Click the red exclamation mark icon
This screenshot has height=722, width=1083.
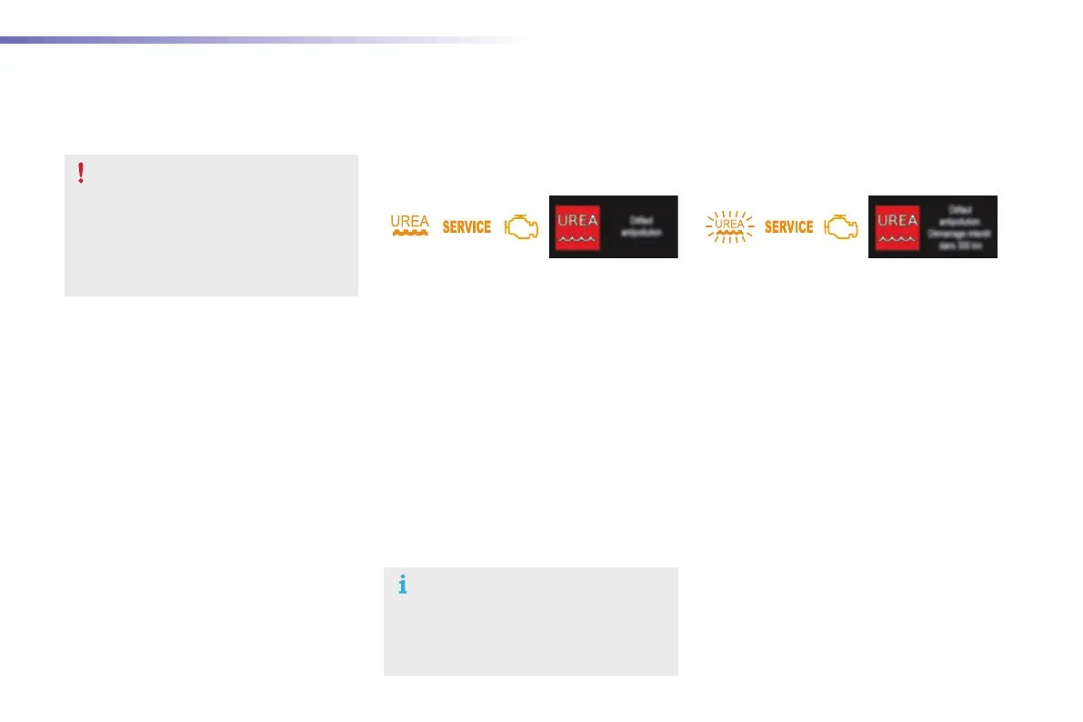click(81, 173)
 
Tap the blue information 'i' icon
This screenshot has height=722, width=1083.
click(402, 586)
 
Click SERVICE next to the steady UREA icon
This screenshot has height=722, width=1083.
click(466, 227)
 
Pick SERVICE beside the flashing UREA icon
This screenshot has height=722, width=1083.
click(788, 227)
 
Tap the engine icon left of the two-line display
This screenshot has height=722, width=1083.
click(520, 226)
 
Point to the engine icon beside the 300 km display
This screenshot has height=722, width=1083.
click(841, 226)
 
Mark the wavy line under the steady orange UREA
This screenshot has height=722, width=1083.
click(409, 233)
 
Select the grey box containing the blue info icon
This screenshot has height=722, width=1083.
click(531, 622)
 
